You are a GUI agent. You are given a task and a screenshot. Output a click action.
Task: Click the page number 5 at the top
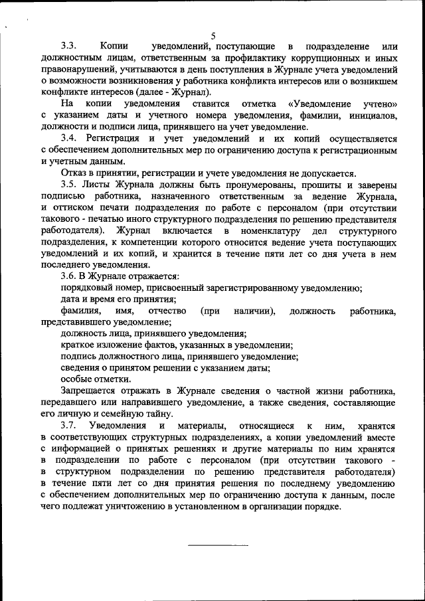213,36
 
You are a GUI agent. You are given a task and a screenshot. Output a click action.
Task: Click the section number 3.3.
69,46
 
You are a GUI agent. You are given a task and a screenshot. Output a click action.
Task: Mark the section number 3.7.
69,425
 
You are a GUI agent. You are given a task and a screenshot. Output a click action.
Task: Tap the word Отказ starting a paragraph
74,173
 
